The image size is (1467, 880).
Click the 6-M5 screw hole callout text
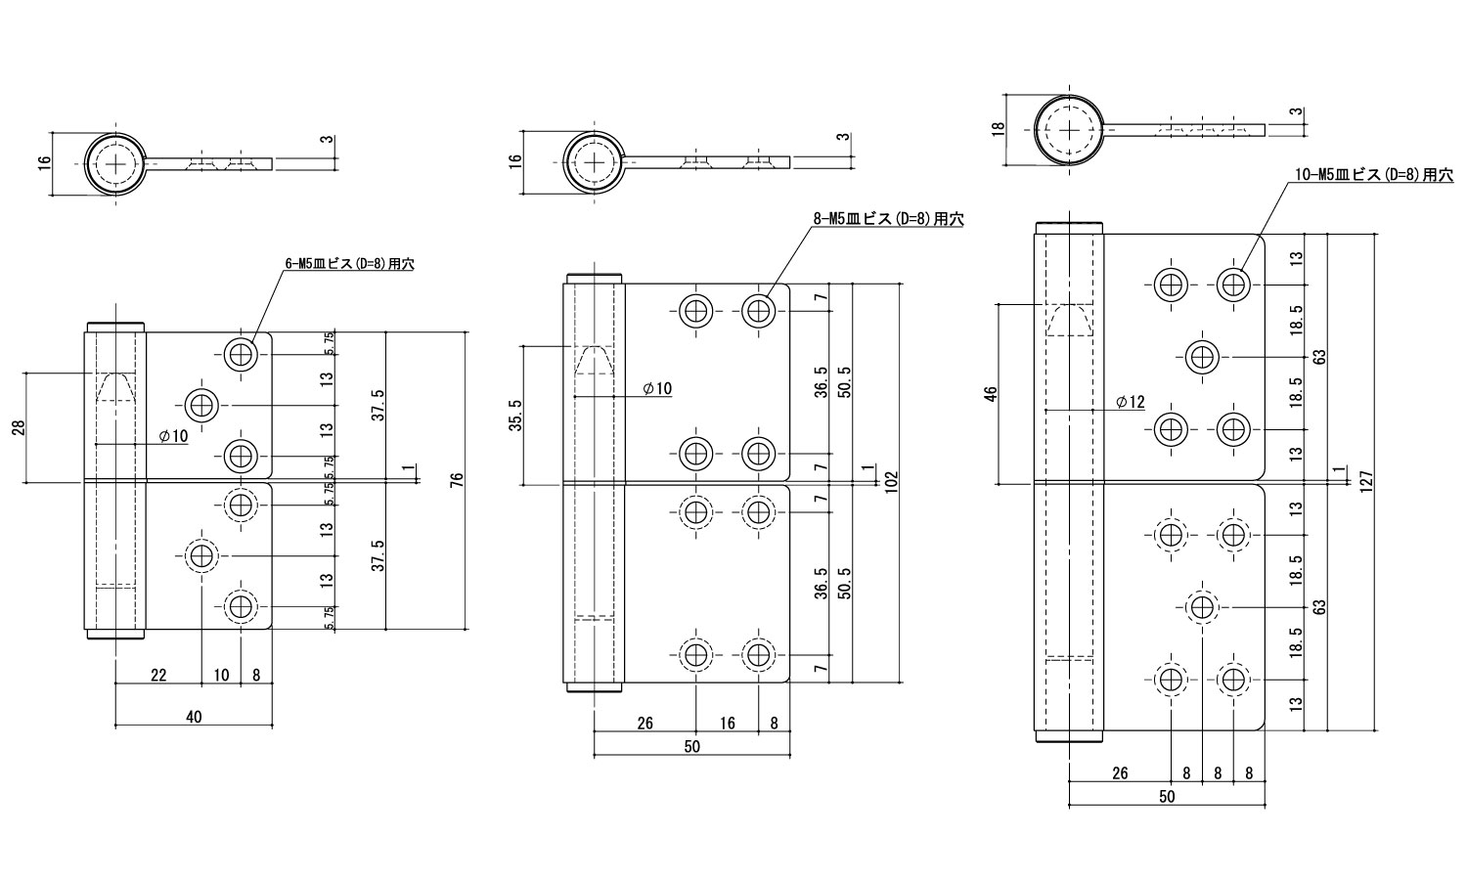(348, 264)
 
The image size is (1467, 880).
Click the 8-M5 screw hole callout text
(887, 220)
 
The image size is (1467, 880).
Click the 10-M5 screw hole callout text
(1373, 175)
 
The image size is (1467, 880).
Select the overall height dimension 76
(457, 480)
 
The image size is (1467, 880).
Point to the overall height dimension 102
(891, 480)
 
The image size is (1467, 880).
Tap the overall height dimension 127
(1366, 480)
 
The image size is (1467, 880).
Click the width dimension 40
(194, 718)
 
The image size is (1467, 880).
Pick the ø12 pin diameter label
(1129, 403)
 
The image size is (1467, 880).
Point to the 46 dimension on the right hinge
(990, 394)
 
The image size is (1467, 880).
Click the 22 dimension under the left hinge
(158, 675)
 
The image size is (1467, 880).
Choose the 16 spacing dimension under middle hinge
(727, 724)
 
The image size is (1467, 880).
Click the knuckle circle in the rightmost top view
(1070, 130)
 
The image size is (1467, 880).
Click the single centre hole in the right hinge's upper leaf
(1201, 357)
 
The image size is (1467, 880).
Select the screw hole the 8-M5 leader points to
(757, 311)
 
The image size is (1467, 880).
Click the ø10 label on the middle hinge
(657, 389)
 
